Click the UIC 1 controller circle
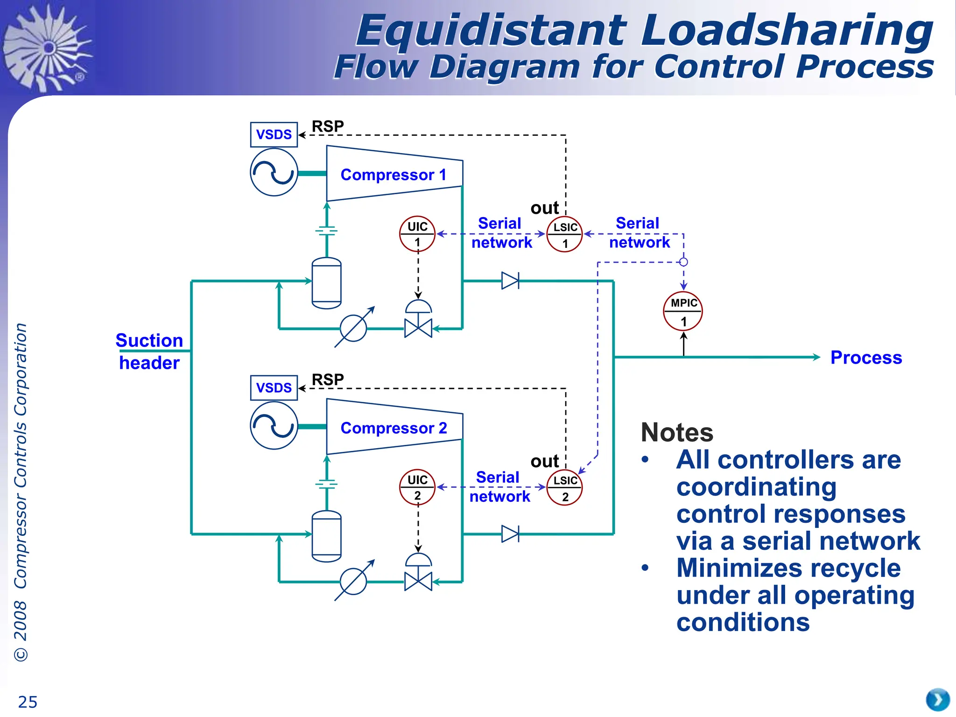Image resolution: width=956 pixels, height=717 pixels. click(x=417, y=234)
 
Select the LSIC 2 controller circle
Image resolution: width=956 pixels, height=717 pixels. click(x=565, y=488)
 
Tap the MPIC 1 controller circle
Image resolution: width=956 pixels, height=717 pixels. click(x=683, y=311)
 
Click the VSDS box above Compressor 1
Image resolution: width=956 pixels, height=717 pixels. click(x=274, y=135)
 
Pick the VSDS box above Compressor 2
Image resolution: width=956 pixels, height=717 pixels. click(x=274, y=388)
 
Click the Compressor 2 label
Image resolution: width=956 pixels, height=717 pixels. click(x=394, y=428)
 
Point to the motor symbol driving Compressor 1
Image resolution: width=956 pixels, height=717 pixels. click(x=274, y=173)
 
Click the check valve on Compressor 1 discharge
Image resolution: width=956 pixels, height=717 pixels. click(x=510, y=281)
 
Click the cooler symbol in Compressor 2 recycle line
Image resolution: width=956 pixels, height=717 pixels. click(x=353, y=582)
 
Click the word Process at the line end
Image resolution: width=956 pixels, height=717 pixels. click(x=866, y=358)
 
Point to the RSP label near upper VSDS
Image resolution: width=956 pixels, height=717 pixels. click(x=328, y=126)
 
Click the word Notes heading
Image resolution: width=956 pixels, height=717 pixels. click(x=677, y=432)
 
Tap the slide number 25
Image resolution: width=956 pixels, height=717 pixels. click(x=28, y=702)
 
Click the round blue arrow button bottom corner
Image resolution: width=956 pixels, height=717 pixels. click(x=937, y=700)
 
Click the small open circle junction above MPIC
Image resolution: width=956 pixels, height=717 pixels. click(x=683, y=262)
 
